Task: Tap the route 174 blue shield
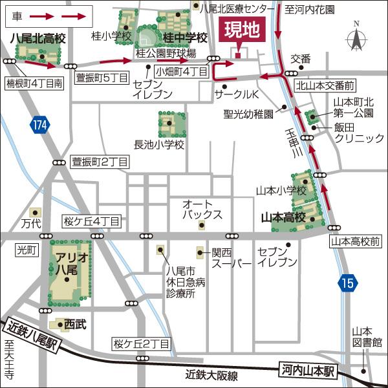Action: click(x=40, y=125)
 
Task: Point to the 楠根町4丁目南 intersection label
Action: click(x=34, y=83)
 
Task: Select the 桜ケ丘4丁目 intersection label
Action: click(x=91, y=221)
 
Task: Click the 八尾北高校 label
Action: click(x=38, y=39)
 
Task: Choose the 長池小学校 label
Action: click(x=159, y=144)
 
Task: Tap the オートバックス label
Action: click(x=202, y=209)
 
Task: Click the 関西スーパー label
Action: click(x=231, y=257)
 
